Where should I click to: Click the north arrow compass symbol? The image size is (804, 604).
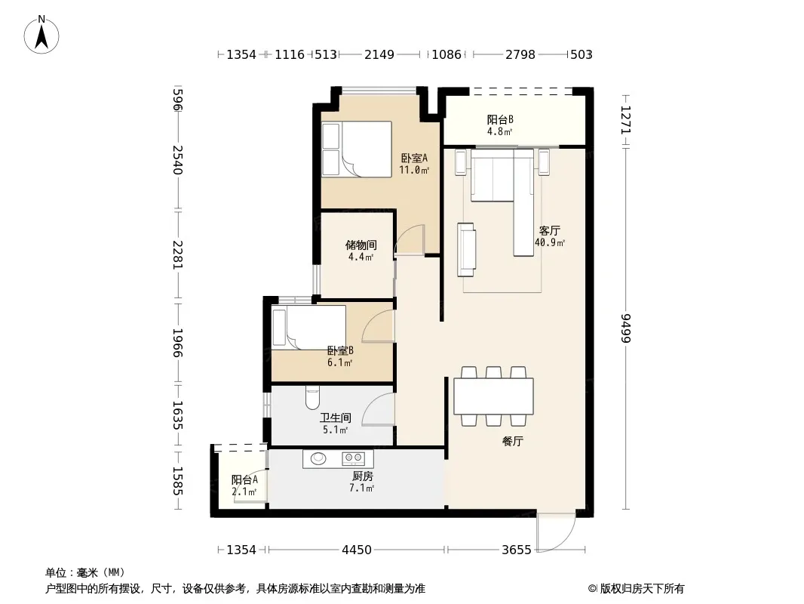point(41,35)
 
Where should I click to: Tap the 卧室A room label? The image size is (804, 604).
point(414,158)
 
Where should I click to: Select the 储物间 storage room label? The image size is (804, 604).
point(361,245)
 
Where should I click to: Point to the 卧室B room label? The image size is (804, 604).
point(340,351)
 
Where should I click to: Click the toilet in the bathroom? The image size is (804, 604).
point(312,397)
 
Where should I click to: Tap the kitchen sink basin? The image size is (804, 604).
point(318,458)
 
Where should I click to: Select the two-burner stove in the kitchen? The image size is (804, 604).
point(353,458)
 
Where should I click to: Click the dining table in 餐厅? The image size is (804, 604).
point(493,396)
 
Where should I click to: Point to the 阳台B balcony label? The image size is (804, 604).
point(500,119)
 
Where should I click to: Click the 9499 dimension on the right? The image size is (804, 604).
point(626,328)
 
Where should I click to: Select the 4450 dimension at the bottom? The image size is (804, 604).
point(356,550)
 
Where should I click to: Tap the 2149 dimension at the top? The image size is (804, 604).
point(379,54)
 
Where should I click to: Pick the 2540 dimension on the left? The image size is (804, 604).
point(177,160)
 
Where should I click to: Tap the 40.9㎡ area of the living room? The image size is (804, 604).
point(550,242)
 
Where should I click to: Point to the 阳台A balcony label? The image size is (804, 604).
point(244,480)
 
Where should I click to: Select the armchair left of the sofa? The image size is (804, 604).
point(466,249)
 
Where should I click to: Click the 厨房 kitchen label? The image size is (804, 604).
point(363,476)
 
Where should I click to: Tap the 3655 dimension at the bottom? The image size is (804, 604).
point(517,550)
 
